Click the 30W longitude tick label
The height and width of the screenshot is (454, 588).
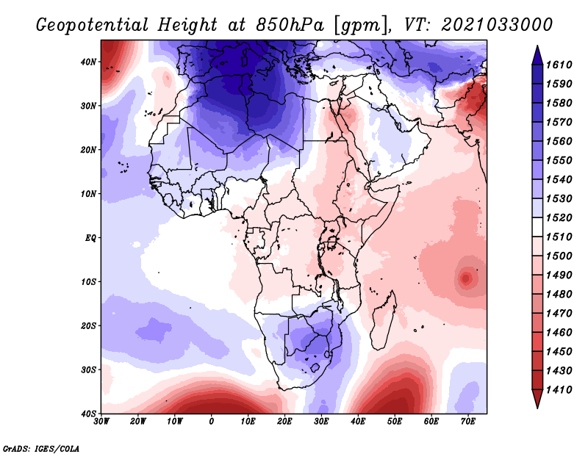pos(101,422)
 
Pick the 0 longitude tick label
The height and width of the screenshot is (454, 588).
pos(212,422)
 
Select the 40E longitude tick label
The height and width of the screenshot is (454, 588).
pos(358,422)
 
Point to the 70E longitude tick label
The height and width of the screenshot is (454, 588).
pos(467,422)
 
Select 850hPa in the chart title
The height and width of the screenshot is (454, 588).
pos(289,24)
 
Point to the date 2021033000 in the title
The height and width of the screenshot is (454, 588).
pos(497,24)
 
